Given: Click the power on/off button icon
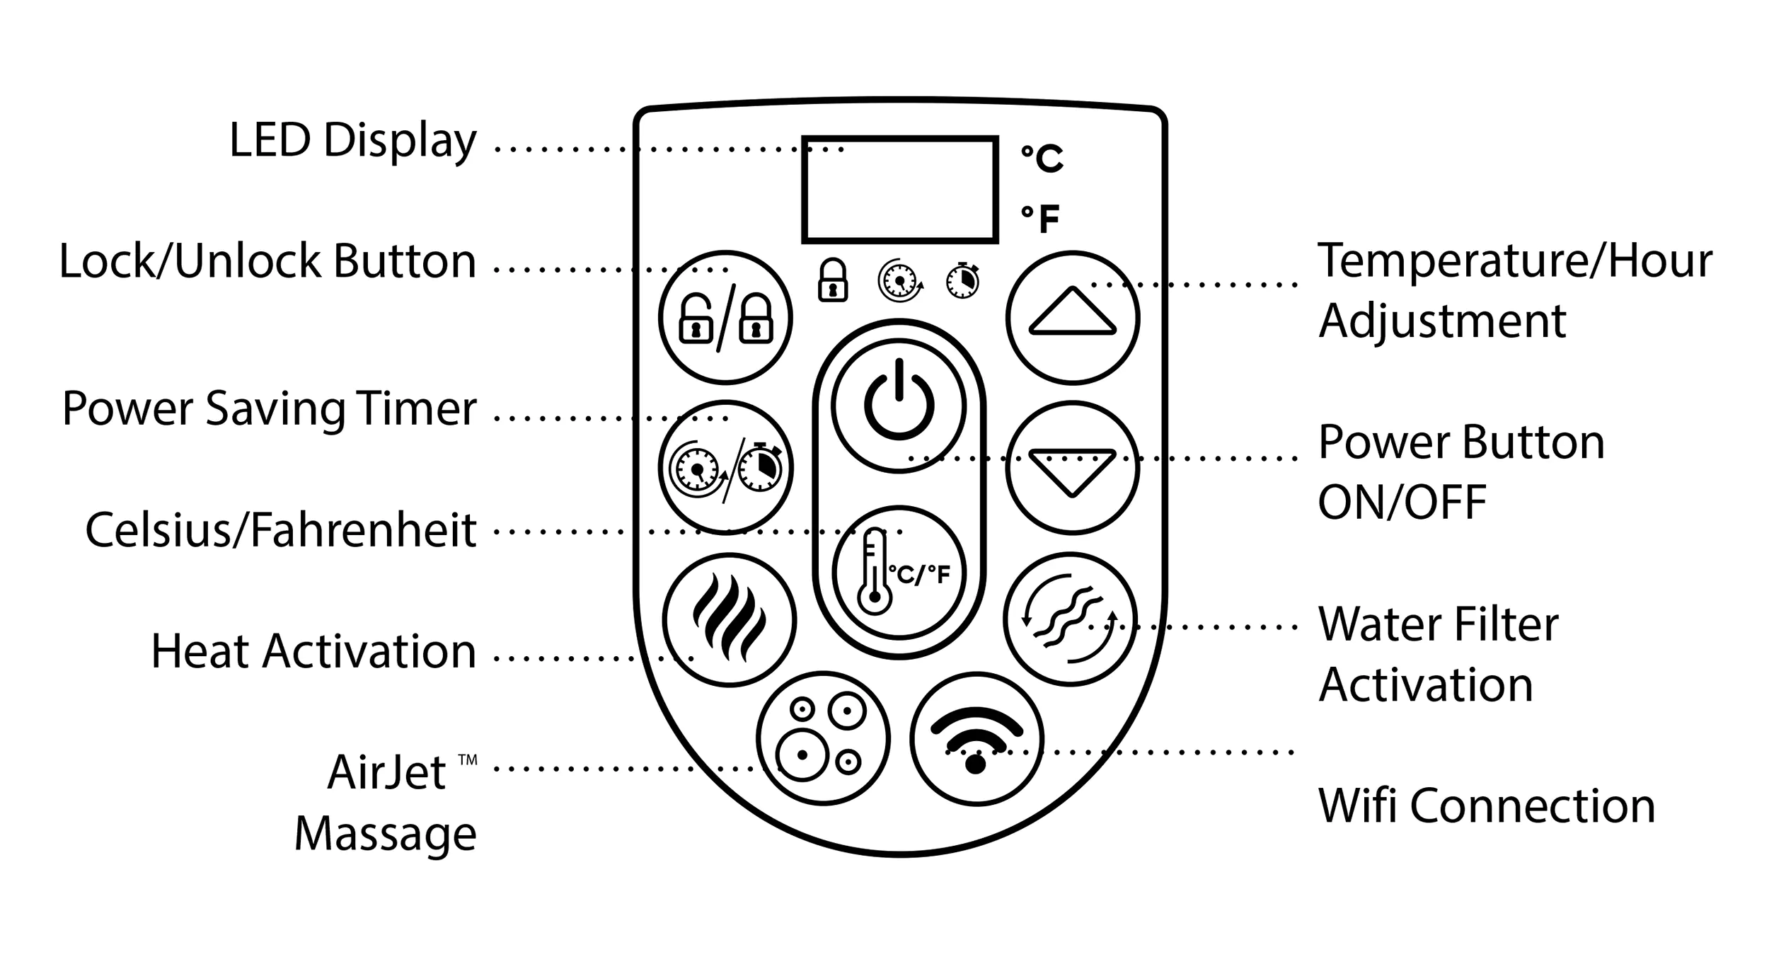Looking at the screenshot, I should [x=899, y=406].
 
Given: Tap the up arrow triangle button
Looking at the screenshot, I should [x=1072, y=318].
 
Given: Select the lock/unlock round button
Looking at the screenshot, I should [x=725, y=318].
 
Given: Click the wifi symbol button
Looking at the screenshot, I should [x=976, y=739].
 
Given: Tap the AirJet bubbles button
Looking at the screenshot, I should [x=823, y=738].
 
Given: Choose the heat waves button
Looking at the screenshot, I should [x=729, y=620].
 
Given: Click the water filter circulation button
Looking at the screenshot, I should [x=1070, y=619].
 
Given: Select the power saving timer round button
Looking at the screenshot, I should [x=725, y=468].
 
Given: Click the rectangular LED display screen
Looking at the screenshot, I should [x=899, y=190].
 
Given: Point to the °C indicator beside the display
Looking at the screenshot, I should [x=1042, y=158].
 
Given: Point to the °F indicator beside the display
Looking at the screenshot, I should [x=1040, y=219].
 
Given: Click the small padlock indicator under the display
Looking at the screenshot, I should [x=833, y=281].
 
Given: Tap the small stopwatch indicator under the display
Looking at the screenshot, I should [x=962, y=281].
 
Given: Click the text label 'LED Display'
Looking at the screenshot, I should [x=352, y=140].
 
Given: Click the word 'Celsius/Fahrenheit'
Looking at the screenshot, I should [x=280, y=530].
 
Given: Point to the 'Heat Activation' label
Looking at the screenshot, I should [x=313, y=651].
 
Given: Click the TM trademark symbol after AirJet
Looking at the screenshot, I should [x=467, y=760].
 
